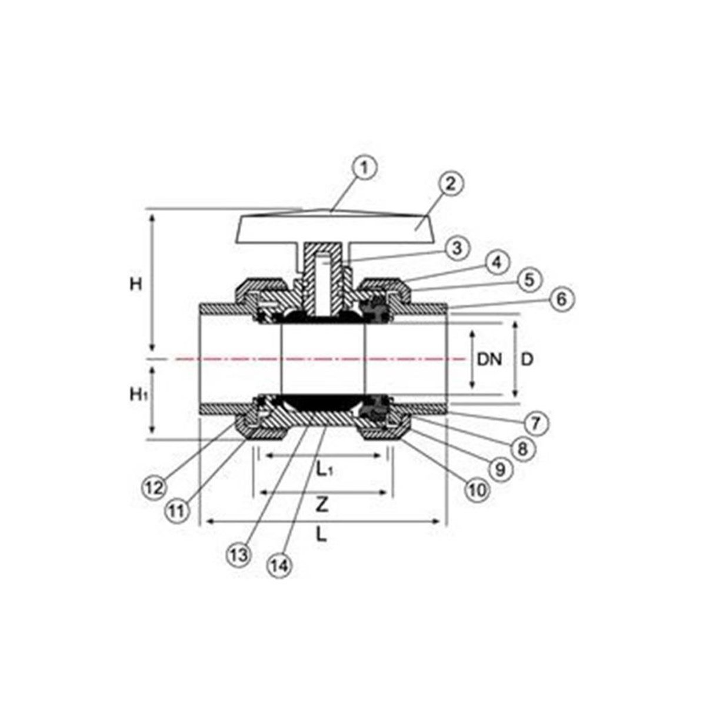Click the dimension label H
tap(136, 284)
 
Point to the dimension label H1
tap(138, 395)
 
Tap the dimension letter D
tap(527, 358)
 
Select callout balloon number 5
tap(529, 279)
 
